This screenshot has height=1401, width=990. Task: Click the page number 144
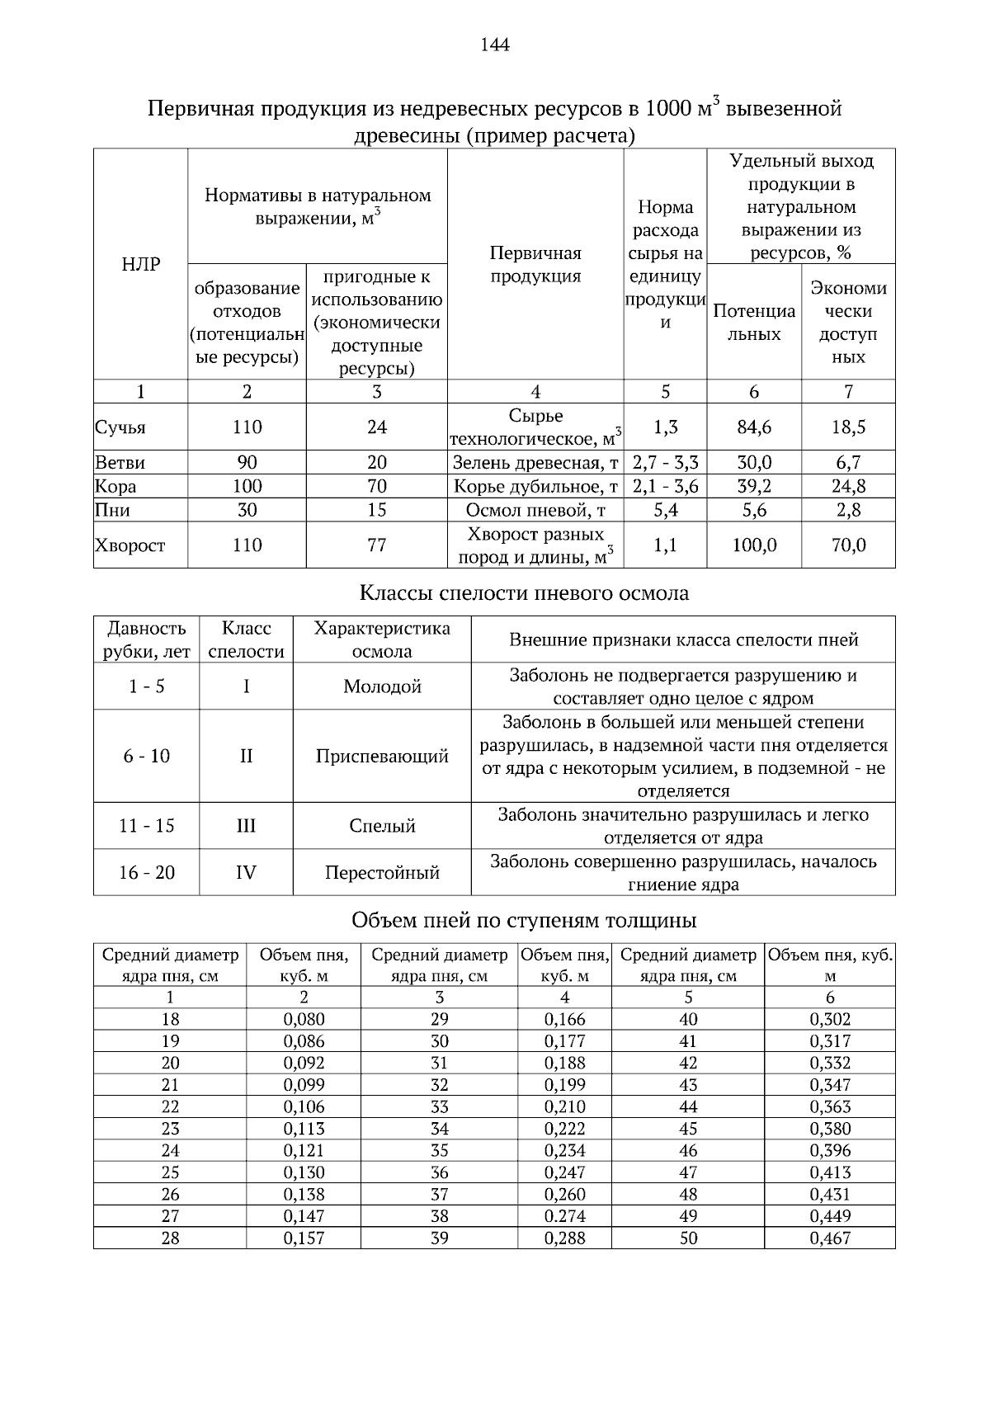[495, 45]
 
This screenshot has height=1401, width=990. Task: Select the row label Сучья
[120, 427]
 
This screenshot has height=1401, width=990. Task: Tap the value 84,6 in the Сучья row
[753, 427]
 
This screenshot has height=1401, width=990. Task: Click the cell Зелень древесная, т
[535, 462]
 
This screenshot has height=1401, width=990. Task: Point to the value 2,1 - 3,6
[665, 486]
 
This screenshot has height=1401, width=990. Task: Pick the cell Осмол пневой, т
[535, 510]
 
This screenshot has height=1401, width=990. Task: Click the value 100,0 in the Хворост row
[753, 545]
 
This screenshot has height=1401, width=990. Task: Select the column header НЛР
[140, 265]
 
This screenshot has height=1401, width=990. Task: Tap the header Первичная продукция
[535, 265]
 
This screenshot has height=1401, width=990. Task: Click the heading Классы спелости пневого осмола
[525, 593]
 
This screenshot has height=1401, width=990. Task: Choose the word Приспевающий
[382, 756]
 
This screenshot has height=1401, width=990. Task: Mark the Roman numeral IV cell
[246, 872]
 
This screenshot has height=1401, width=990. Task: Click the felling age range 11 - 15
[147, 825]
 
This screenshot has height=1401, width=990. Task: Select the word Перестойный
[382, 872]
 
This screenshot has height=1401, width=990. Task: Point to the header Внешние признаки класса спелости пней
[683, 639]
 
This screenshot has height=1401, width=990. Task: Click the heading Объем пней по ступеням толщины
[525, 920]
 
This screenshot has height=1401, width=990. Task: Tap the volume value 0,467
[830, 1238]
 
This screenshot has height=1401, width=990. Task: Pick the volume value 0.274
[565, 1215]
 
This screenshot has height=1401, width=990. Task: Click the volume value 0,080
[304, 1019]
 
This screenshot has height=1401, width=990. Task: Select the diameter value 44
[688, 1106]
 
